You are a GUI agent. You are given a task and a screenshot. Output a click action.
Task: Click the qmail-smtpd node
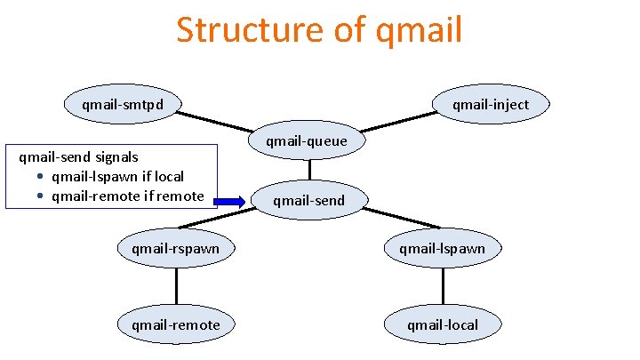121,105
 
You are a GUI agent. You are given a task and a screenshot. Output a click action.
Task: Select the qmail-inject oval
490,105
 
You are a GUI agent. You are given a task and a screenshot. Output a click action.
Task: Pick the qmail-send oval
308,201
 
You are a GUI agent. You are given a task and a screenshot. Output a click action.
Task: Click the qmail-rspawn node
175,249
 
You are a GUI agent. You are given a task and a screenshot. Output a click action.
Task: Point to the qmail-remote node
175,324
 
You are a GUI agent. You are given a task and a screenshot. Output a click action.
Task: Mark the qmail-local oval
442,324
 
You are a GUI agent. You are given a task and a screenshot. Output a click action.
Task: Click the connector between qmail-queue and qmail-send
309,171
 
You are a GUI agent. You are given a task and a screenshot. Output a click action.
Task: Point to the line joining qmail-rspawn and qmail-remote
176,286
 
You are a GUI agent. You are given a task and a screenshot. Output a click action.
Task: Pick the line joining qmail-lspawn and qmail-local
442,286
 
